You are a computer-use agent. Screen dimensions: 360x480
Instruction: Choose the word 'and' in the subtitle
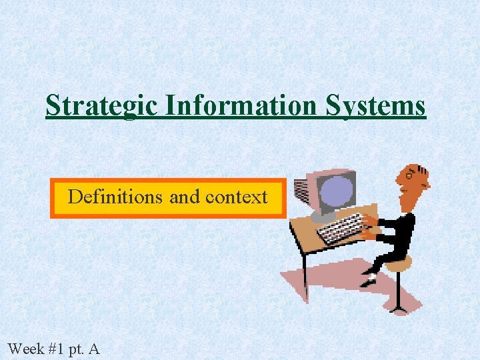184,197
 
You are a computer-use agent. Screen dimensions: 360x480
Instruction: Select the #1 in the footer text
56,348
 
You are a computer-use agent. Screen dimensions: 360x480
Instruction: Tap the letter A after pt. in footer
94,348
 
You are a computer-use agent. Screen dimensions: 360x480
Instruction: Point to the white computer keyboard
340,228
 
